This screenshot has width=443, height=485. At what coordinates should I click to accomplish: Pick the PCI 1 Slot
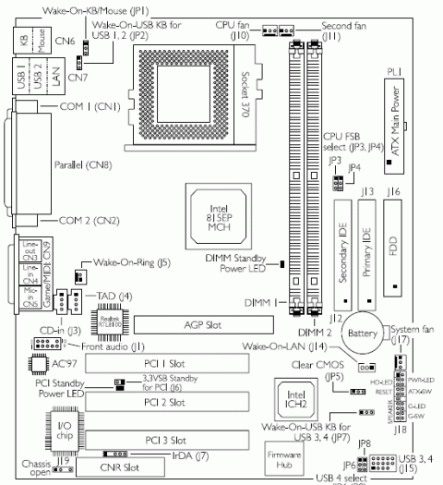191,363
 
